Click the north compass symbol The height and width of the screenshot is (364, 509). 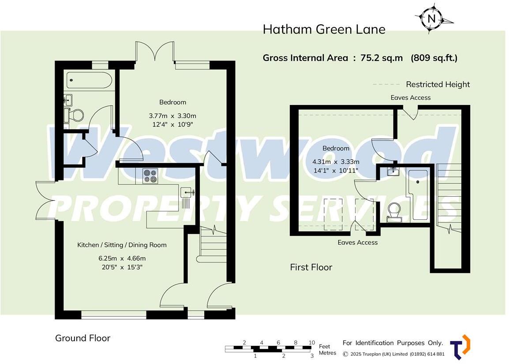(x=432, y=19)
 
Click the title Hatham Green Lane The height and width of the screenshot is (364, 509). (x=324, y=30)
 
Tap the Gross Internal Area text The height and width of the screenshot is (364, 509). (x=359, y=58)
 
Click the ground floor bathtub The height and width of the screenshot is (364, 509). (x=90, y=81)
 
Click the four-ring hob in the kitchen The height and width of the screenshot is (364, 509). (x=150, y=176)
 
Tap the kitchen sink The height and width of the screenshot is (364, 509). (x=187, y=192)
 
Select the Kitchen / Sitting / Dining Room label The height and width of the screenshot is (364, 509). (x=122, y=245)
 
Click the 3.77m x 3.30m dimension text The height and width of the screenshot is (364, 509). (x=172, y=116)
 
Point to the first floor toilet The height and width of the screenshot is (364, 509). (x=394, y=209)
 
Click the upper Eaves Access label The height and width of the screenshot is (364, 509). (x=410, y=98)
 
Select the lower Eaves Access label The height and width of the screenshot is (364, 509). (x=357, y=242)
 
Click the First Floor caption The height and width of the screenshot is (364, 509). (x=311, y=267)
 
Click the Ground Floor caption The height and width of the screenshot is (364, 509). (x=82, y=338)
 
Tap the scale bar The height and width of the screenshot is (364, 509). (x=269, y=349)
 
